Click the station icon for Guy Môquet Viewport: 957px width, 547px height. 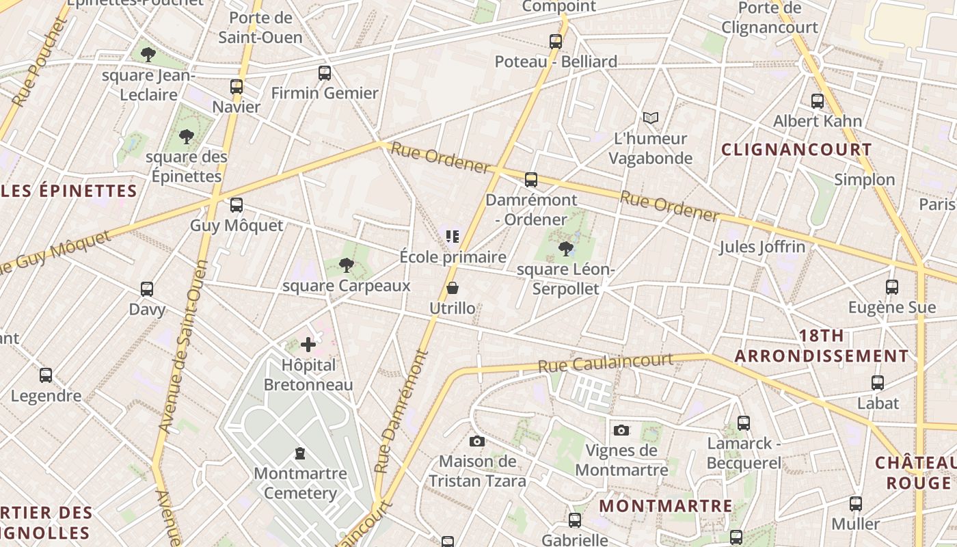point(237,205)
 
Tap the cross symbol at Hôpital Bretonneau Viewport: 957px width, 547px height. point(308,345)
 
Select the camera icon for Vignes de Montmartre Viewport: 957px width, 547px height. point(621,430)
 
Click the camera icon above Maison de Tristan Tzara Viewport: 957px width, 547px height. point(477,441)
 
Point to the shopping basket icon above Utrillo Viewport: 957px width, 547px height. point(452,289)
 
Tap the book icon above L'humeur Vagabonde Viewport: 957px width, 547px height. point(650,118)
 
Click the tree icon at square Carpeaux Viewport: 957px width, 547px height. point(347,265)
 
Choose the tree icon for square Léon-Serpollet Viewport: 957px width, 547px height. point(565,248)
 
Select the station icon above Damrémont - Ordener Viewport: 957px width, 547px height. point(531,180)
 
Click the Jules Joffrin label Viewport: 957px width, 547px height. point(762,247)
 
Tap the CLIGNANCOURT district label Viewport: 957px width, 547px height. point(797,150)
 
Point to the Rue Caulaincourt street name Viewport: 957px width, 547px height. point(606,363)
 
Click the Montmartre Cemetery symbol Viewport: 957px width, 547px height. point(299,453)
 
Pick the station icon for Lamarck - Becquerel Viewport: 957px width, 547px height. point(744,423)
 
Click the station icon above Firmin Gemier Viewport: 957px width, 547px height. point(325,73)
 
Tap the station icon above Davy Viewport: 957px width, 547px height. point(147,289)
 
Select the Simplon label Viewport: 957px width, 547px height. point(864,180)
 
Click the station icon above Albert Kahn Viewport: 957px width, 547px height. point(818,101)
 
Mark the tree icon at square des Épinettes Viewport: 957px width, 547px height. point(186,137)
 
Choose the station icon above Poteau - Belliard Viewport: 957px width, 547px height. point(556,42)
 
